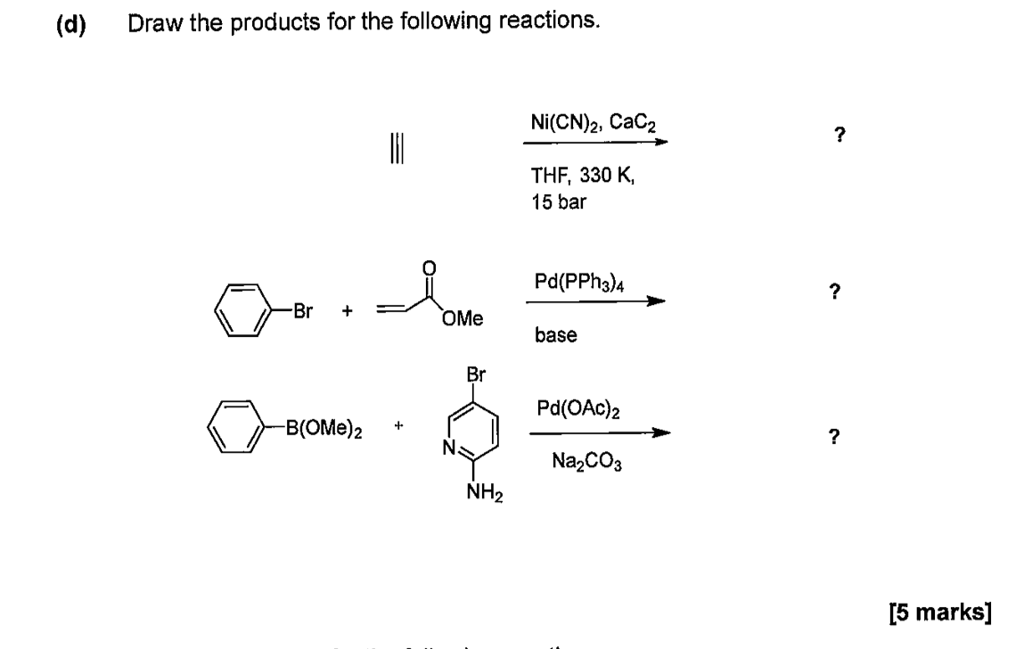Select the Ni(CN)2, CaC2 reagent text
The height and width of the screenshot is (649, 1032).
[589, 122]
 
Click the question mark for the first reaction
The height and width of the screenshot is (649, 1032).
[838, 136]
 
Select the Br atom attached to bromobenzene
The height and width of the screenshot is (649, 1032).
[304, 311]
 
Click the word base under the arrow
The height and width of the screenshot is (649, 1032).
[555, 335]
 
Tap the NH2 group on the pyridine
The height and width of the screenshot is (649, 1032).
[484, 492]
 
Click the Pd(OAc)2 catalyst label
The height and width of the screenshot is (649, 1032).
[579, 408]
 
